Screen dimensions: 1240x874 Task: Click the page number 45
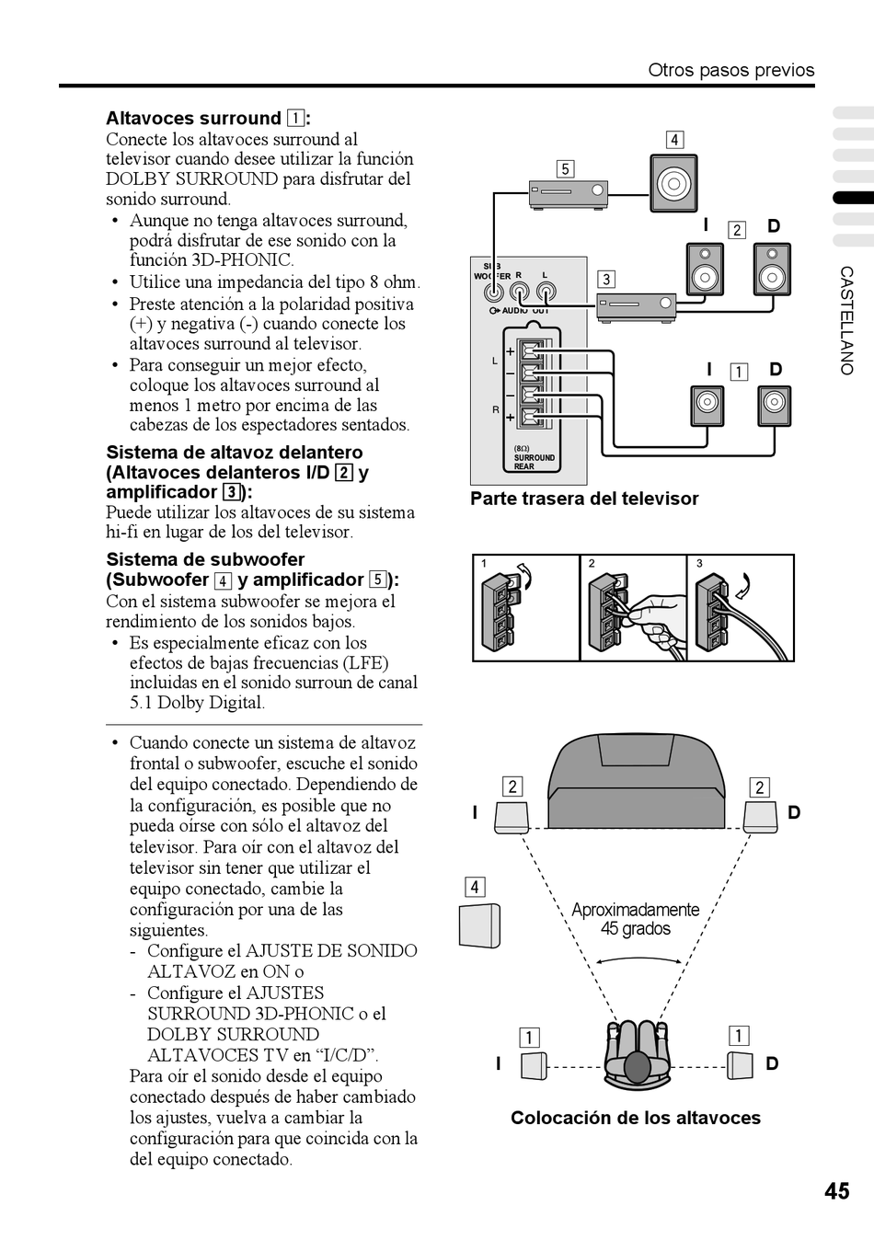click(836, 1190)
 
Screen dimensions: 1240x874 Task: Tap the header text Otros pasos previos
click(730, 70)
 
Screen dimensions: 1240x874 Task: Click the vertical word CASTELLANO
click(846, 320)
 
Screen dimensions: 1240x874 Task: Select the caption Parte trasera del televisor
click(584, 499)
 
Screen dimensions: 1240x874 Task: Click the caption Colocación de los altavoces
click(636, 1118)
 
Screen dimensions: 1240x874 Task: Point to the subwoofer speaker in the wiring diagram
click(674, 183)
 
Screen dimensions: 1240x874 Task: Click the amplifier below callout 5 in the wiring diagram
click(569, 193)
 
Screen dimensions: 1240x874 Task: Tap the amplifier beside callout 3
click(636, 307)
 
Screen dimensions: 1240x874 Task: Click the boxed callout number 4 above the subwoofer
click(674, 140)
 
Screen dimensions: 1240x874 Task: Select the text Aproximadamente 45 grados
click(636, 919)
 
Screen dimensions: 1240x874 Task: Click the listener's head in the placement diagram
click(637, 1066)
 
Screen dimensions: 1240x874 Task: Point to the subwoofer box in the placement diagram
click(479, 925)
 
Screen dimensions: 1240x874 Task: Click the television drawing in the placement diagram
click(636, 782)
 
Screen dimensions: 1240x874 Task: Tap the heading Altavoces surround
click(193, 119)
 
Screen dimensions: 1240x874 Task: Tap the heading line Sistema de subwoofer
click(205, 559)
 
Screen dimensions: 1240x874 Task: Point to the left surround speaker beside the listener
click(534, 1066)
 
